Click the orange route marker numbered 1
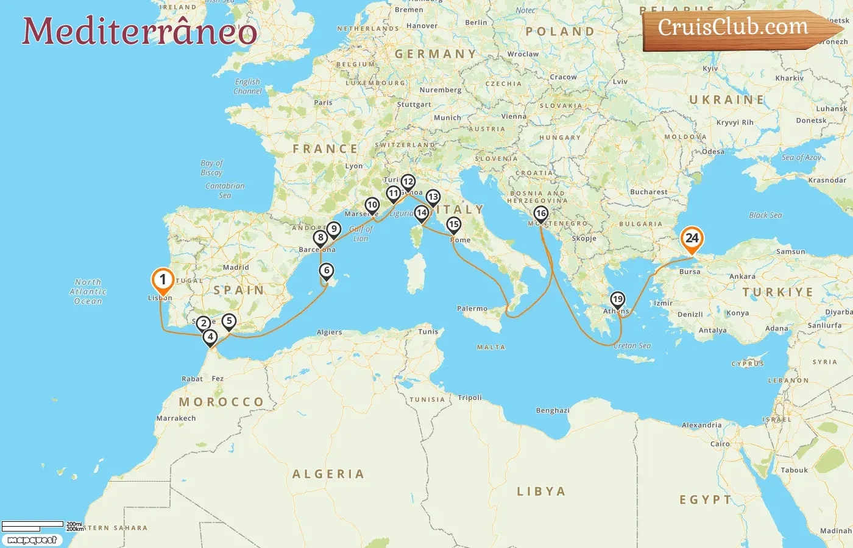click(x=163, y=280)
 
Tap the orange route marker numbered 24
click(x=692, y=238)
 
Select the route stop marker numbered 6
click(x=327, y=271)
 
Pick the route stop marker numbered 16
click(x=540, y=214)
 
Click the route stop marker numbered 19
click(x=617, y=299)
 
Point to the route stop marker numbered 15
click(x=453, y=225)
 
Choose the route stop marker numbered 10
click(x=372, y=205)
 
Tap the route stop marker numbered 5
click(x=228, y=321)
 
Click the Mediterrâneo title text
click(x=139, y=31)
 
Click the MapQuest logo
click(x=32, y=540)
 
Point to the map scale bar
click(x=33, y=525)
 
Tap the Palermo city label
click(x=472, y=309)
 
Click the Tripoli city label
click(x=469, y=398)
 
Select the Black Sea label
click(x=765, y=215)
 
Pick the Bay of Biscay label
click(x=211, y=167)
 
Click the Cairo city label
click(x=720, y=444)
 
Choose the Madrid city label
click(x=236, y=267)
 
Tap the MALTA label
click(x=490, y=347)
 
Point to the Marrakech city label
click(x=176, y=418)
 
